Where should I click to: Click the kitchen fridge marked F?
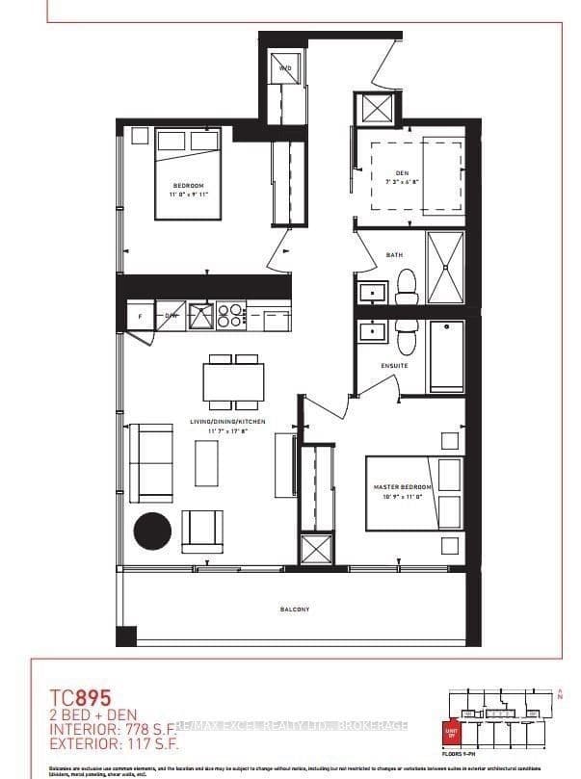[x=141, y=315]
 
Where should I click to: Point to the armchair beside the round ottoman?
[x=202, y=529]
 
